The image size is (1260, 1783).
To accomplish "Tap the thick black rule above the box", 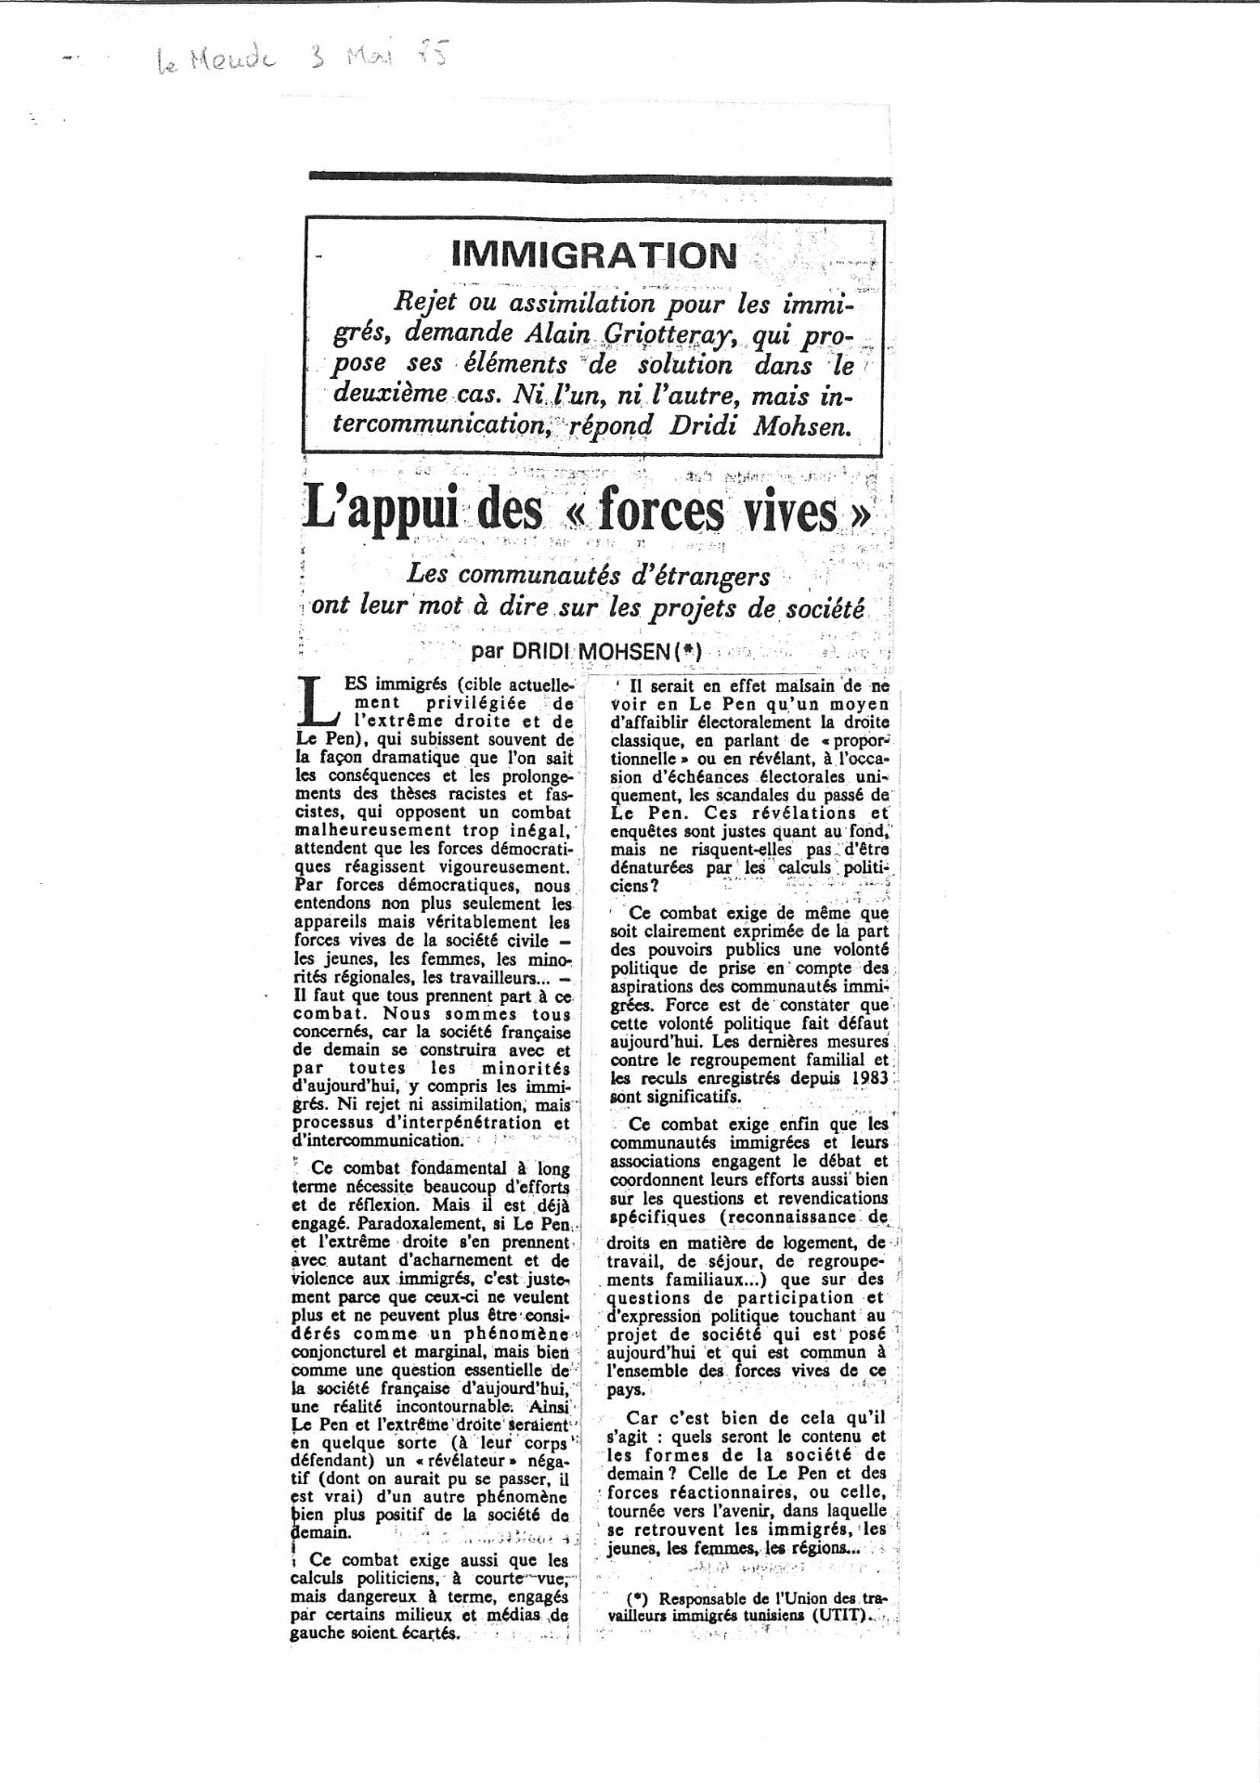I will coord(600,179).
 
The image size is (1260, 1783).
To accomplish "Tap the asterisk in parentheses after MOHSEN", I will coord(687,652).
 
